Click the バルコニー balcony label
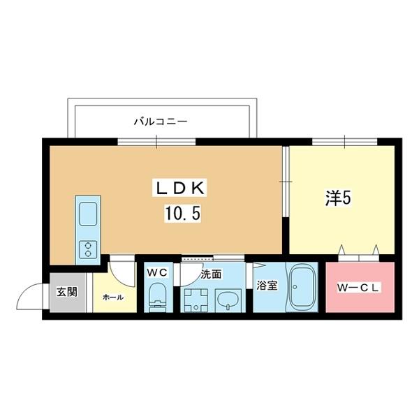point(161,122)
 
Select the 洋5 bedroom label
point(337,198)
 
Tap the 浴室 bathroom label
point(266,286)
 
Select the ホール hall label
point(112,297)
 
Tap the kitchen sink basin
point(89,213)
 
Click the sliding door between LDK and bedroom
point(286,182)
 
